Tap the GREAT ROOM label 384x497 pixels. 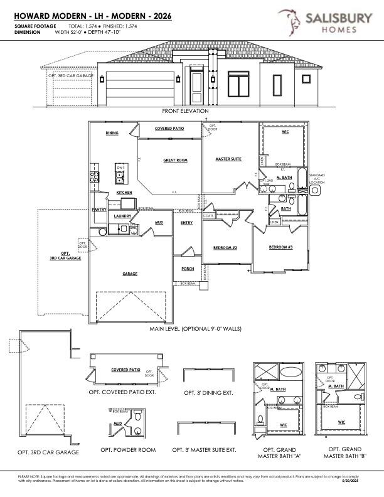click(175, 161)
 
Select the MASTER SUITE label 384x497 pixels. click(228, 159)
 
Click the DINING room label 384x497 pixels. click(112, 133)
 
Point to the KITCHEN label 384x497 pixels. click(124, 193)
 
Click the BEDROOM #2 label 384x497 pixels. click(225, 248)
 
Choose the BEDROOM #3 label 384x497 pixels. click(280, 247)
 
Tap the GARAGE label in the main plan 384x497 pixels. click(130, 274)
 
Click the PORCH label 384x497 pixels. click(188, 269)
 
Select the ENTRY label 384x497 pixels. click(186, 223)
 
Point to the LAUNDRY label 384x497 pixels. click(122, 216)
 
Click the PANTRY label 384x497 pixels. click(99, 210)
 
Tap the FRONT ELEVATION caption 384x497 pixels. click(185, 111)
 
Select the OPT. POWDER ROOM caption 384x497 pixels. click(128, 450)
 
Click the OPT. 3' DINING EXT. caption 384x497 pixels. click(208, 393)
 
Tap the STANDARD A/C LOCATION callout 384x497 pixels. click(317, 179)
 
